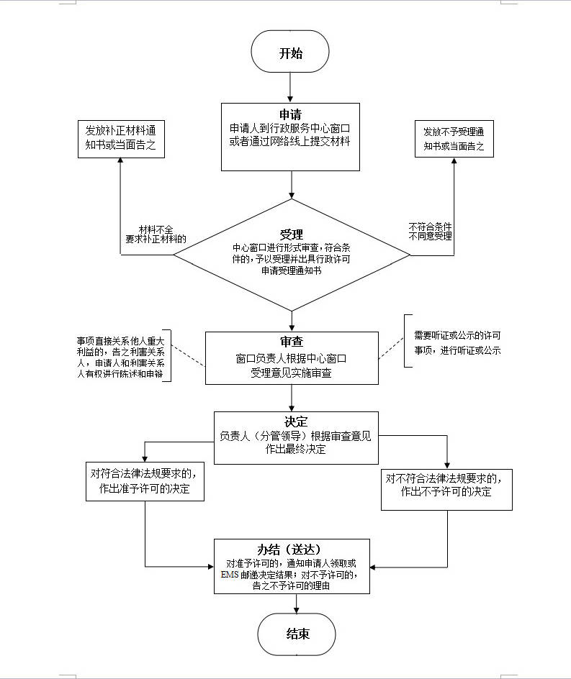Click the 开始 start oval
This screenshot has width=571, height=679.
pos(289,54)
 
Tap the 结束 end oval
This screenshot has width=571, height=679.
pos(297,634)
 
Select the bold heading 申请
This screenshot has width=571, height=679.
pos(290,115)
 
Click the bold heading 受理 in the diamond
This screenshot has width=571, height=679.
pos(292,234)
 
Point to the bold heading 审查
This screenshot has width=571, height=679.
pos(292,342)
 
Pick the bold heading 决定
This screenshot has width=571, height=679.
pos(296,421)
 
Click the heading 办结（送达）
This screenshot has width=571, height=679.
pos(292,550)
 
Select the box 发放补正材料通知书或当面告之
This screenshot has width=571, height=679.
pos(121,140)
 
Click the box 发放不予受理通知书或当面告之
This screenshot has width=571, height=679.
pos(453,139)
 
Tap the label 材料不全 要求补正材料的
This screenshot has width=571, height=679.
pos(155,234)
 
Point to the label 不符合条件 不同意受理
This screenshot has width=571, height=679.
pos(430,230)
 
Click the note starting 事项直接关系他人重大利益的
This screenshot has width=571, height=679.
pos(120,357)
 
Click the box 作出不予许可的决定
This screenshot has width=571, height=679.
pos(446,485)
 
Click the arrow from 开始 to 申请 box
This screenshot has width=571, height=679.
pos(289,87)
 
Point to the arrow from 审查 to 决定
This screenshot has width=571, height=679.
pos(292,398)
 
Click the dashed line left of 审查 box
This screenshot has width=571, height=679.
pos(189,357)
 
